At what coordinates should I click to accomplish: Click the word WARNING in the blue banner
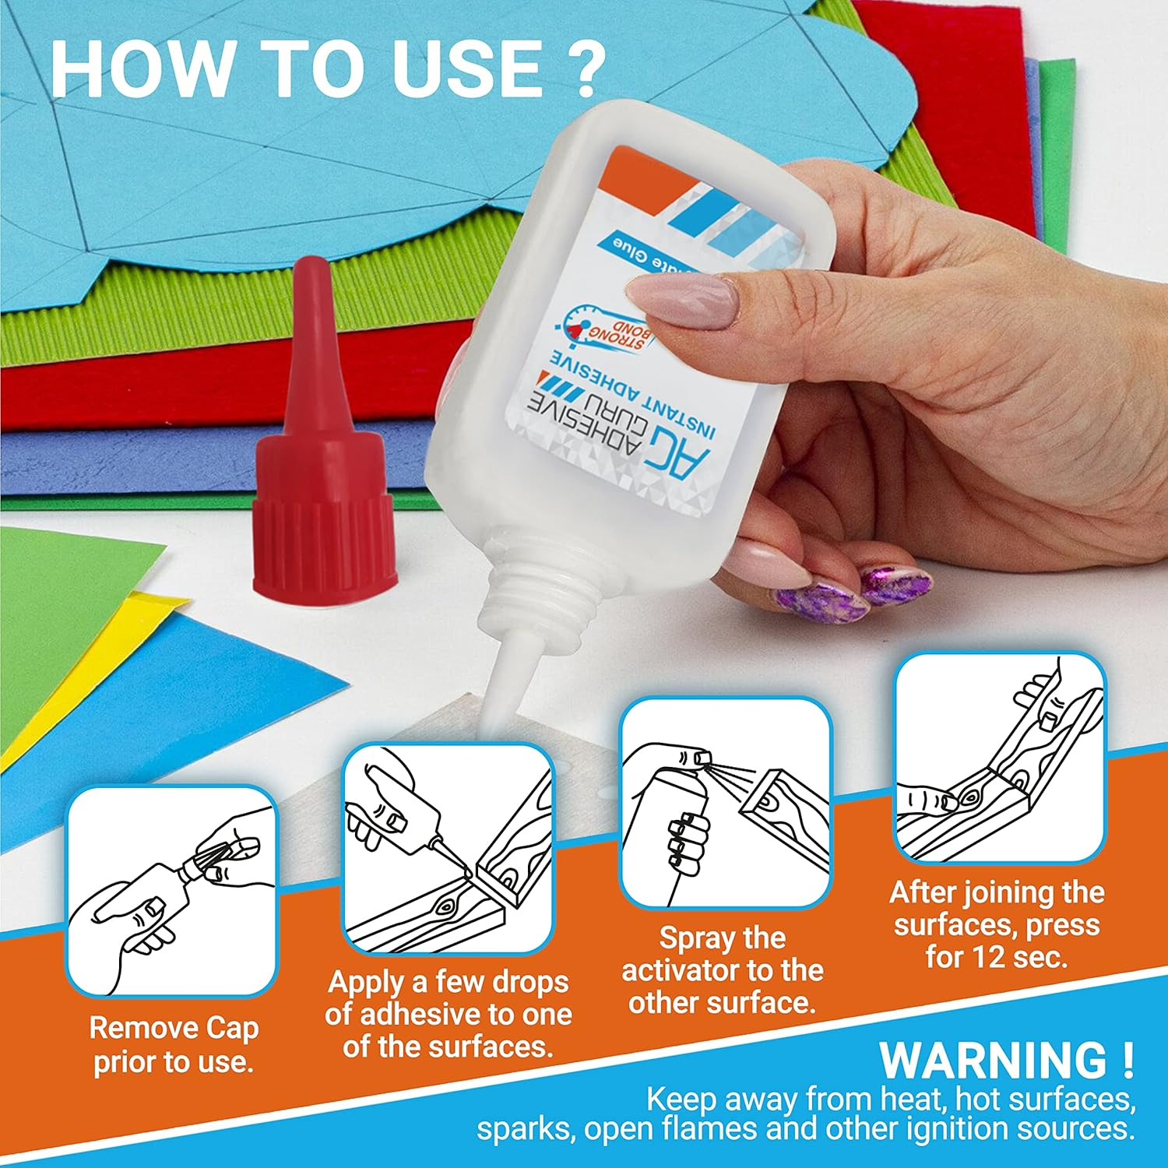(x=993, y=1060)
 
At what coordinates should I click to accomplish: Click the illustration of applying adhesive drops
(x=449, y=849)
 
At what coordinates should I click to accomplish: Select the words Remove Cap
(x=173, y=1028)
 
